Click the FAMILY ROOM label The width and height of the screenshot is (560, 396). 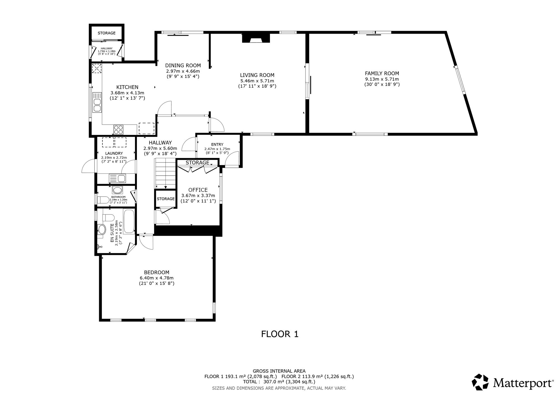tap(382, 73)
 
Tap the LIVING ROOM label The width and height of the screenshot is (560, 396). tap(257, 75)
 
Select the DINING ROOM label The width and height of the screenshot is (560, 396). tap(183, 66)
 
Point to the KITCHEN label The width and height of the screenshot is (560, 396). tap(127, 87)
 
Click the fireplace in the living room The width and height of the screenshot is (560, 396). tap(256, 38)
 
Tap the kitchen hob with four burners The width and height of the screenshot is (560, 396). tap(118, 129)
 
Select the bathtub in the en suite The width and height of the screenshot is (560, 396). tap(129, 222)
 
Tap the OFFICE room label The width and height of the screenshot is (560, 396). tap(198, 190)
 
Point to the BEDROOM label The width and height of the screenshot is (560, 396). tap(157, 272)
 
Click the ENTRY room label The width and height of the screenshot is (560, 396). tap(217, 145)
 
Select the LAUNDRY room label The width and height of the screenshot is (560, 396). tap(114, 153)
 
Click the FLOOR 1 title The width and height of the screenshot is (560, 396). tap(280, 334)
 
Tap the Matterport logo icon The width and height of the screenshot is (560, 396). tap(480, 382)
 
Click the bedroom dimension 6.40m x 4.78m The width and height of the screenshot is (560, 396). tap(157, 278)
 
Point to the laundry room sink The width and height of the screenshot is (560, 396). tap(118, 178)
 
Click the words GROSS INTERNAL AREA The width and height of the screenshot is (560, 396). tap(279, 371)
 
